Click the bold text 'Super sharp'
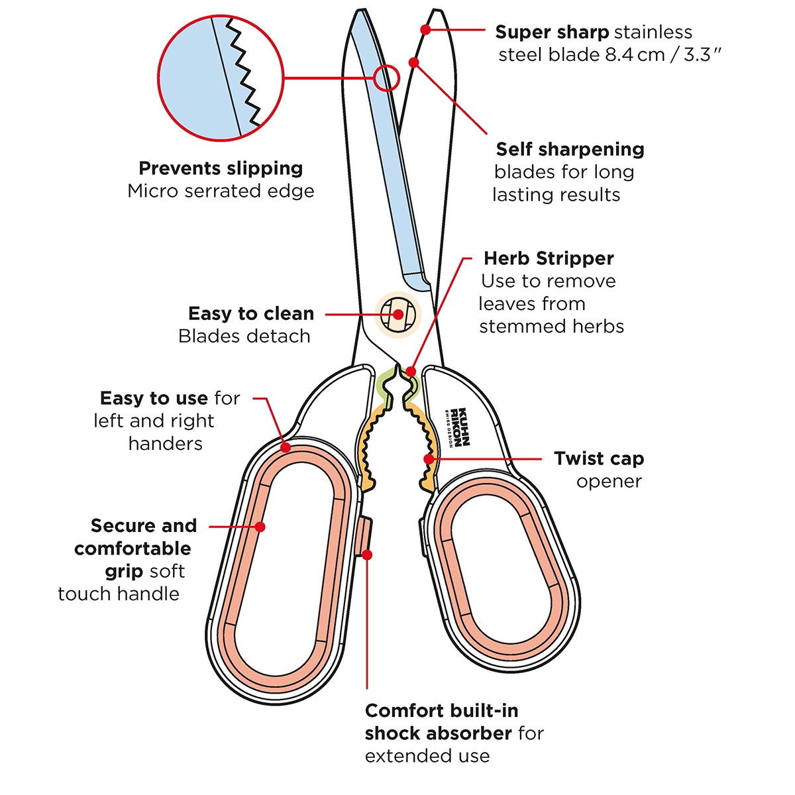click(551, 32)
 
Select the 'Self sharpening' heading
click(570, 149)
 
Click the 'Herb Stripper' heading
click(549, 258)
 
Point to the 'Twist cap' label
click(598, 458)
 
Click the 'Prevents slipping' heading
click(221, 168)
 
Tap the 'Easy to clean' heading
click(251, 313)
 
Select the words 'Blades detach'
click(244, 336)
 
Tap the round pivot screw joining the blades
click(398, 314)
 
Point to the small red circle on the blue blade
click(386, 78)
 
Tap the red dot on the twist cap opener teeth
click(429, 458)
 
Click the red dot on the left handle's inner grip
click(260, 527)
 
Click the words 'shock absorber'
click(438, 733)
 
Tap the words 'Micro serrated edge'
click(221, 191)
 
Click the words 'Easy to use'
click(154, 398)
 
